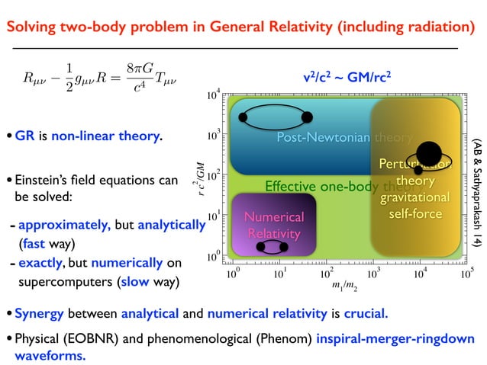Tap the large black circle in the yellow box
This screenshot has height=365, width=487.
point(427,152)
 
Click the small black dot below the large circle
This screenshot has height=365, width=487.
point(418,170)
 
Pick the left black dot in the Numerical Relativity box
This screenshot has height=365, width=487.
point(261,248)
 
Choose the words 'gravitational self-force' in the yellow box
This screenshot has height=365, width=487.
point(415,206)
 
